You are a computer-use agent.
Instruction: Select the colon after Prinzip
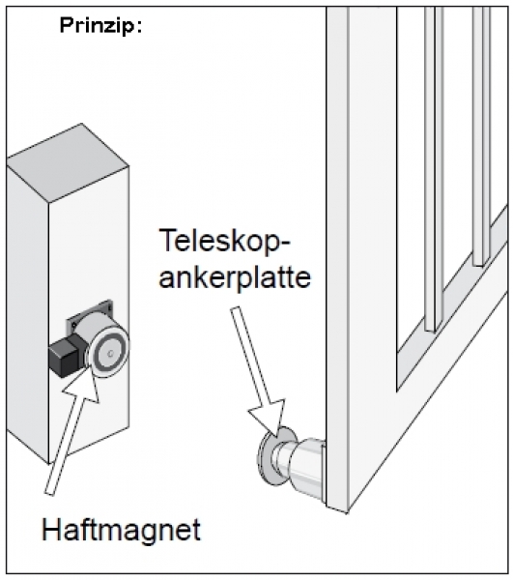click(x=139, y=26)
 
